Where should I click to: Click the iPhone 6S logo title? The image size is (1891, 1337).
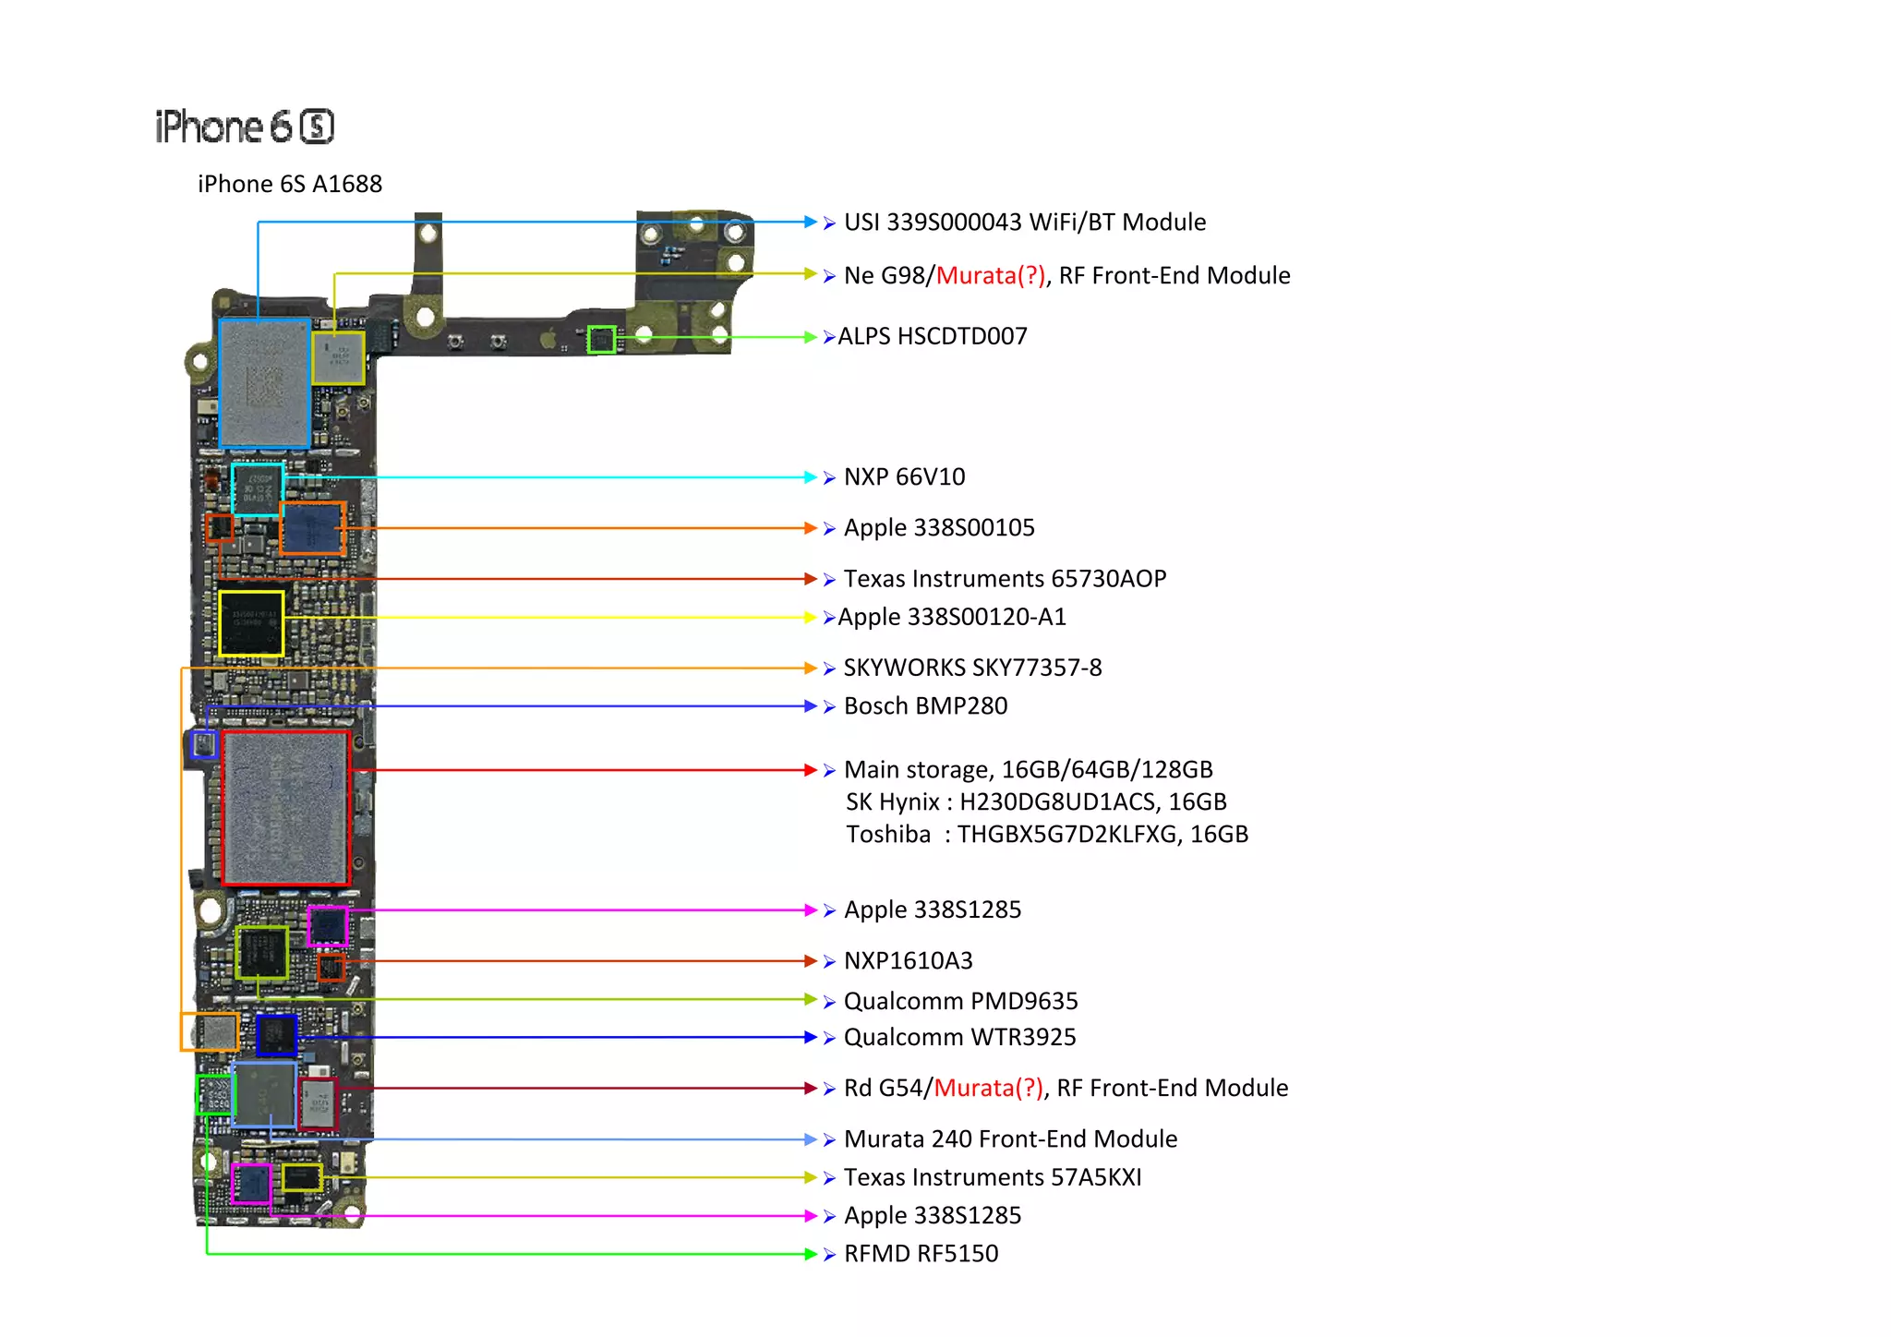tap(245, 126)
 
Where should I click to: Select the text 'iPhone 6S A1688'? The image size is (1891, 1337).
tap(289, 184)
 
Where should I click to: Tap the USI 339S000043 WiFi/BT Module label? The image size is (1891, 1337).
tap(1024, 223)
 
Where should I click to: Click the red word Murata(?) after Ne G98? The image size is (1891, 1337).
tap(990, 275)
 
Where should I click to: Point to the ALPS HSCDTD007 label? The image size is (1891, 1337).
tap(932, 336)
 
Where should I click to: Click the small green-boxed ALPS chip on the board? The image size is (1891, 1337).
tap(601, 340)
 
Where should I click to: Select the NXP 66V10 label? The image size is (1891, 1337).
tap(904, 477)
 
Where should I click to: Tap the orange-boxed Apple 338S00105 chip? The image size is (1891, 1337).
tap(313, 528)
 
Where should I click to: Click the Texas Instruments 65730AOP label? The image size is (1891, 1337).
tap(1005, 579)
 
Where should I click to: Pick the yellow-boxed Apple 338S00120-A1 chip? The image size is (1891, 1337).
tap(250, 623)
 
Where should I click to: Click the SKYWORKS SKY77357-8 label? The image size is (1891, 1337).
tap(972, 668)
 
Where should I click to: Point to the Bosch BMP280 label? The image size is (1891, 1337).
tap(925, 706)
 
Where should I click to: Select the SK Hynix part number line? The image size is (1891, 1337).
tap(1036, 802)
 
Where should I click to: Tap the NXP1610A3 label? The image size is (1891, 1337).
tap(908, 961)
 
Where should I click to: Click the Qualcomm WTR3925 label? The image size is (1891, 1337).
tap(959, 1038)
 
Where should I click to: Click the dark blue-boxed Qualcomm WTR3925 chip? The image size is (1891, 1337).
tap(276, 1035)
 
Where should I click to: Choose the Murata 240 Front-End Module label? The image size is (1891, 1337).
tap(1010, 1139)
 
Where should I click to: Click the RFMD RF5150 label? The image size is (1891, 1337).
tap(921, 1254)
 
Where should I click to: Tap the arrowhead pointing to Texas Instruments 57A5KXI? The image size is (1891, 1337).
tap(810, 1177)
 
